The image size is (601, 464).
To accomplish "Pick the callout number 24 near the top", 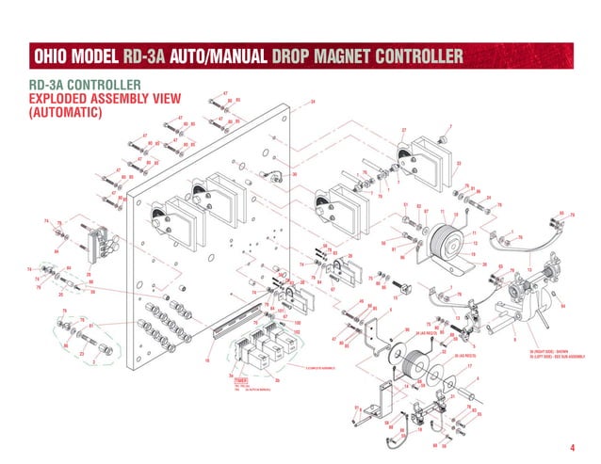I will pos(312,102).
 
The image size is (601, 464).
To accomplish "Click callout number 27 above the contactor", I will pos(403,130).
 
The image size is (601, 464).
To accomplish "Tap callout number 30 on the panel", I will pos(295,175).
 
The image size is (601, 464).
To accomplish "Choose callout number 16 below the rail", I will pos(206,360).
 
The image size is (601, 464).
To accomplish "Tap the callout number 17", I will pos(468,366).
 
